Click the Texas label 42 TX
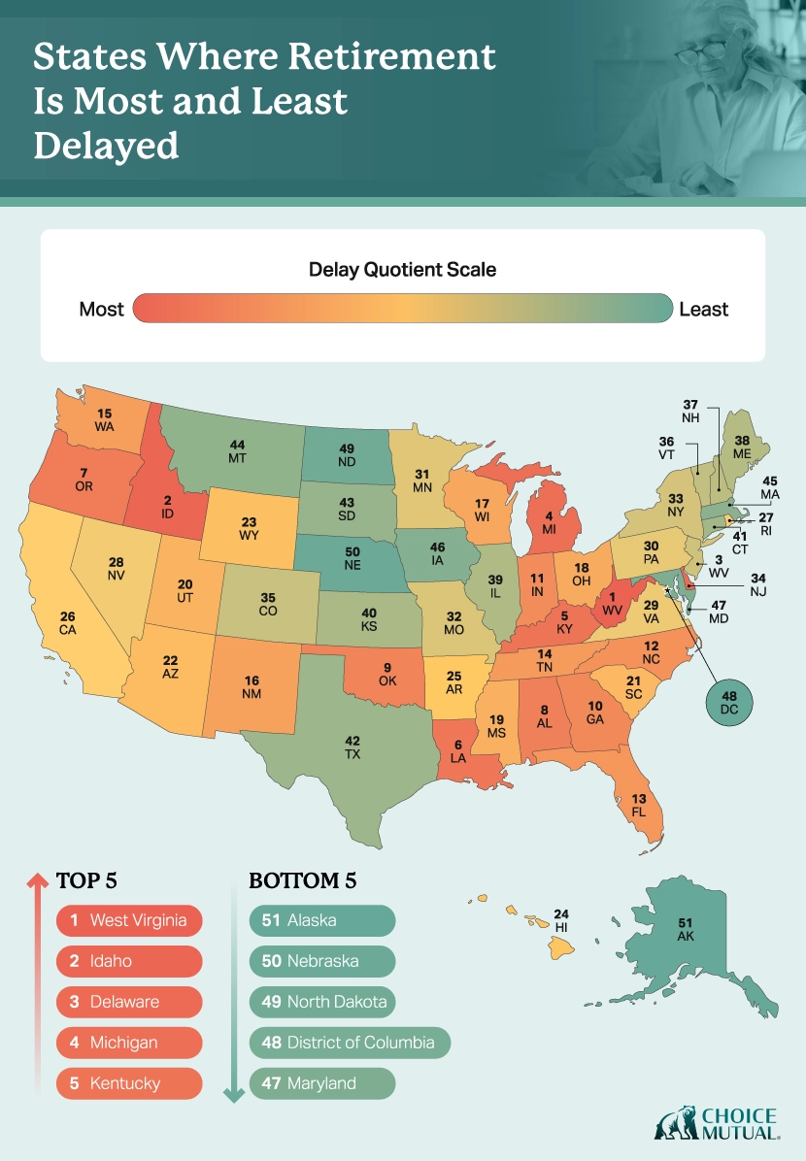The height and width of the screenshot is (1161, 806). point(353,746)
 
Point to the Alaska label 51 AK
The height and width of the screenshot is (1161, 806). point(686,931)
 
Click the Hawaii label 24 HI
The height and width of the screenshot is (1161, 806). point(561,920)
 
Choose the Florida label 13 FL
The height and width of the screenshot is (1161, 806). point(638,805)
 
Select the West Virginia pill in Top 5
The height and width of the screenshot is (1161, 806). point(129,920)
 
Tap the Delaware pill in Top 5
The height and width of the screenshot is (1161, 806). point(129,1002)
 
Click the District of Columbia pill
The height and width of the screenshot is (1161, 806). point(350,1043)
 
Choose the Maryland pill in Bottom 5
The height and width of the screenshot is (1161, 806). point(322,1083)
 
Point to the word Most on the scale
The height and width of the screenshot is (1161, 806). point(102,310)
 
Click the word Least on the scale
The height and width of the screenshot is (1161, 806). point(703,310)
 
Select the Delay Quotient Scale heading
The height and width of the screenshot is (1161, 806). point(402,269)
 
